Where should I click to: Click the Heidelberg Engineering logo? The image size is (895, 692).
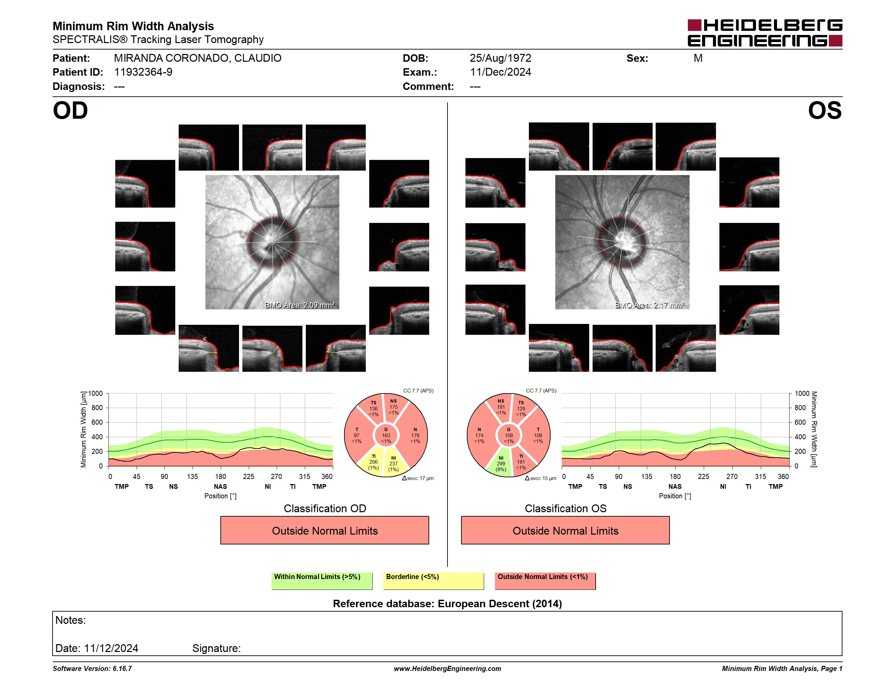click(765, 33)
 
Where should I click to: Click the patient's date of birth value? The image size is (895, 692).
click(500, 58)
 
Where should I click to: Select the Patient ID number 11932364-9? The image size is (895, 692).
click(143, 72)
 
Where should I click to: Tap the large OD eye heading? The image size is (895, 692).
click(71, 111)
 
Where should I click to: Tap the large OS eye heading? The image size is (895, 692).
click(824, 111)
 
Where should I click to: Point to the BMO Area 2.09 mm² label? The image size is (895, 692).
click(300, 305)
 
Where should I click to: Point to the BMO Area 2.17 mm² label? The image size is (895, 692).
click(650, 305)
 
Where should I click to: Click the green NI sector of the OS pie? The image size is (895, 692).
click(500, 464)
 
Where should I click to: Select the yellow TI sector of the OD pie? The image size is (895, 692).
click(373, 462)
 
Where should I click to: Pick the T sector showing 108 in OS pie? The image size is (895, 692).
click(538, 435)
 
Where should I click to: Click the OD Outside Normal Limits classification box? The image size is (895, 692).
click(324, 531)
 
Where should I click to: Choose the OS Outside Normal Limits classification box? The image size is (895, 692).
click(565, 531)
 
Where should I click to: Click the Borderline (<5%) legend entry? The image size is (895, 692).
click(433, 581)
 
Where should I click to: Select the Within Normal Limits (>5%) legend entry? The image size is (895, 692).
click(322, 581)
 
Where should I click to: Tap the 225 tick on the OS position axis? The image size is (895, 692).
click(703, 476)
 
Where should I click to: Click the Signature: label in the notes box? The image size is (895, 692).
click(216, 648)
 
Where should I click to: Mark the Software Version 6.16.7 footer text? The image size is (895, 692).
click(92, 669)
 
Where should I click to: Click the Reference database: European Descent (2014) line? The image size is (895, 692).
click(447, 603)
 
